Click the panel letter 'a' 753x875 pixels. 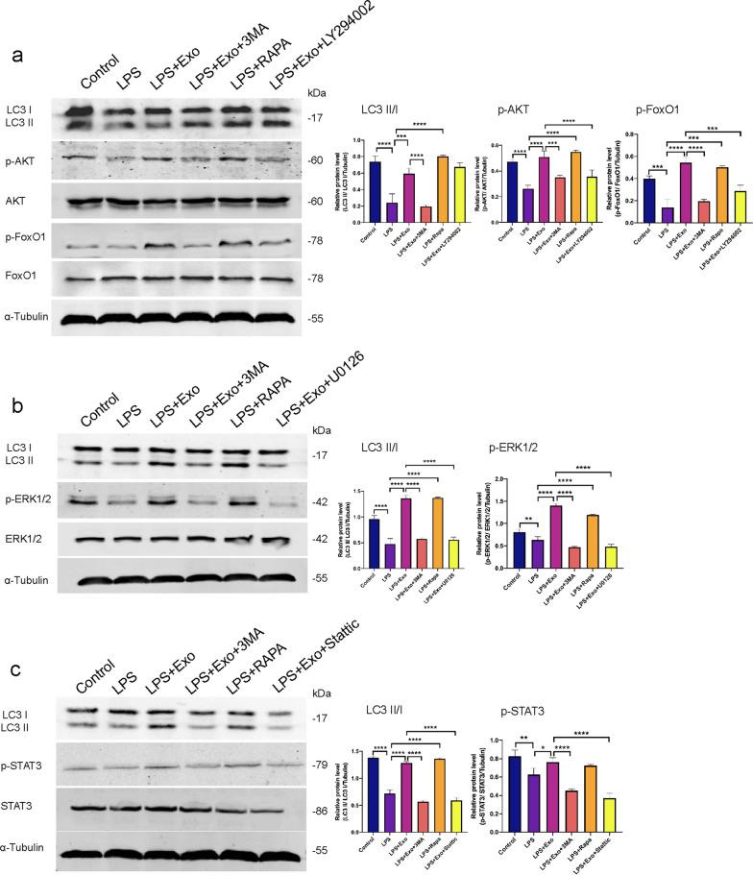click(18, 55)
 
